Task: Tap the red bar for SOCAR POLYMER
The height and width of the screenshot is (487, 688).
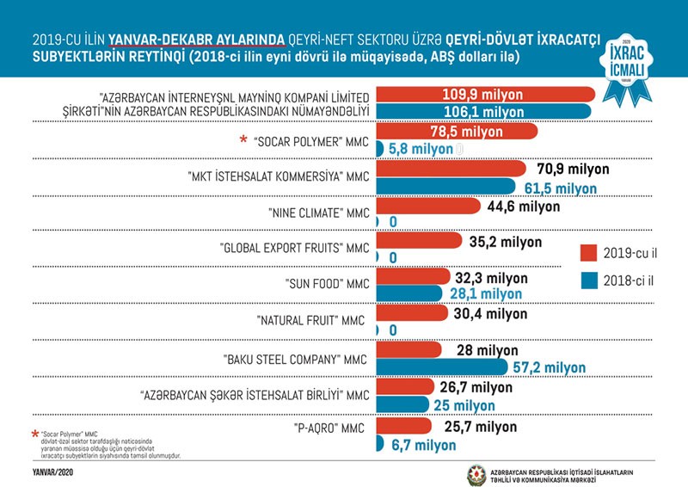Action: click(456, 132)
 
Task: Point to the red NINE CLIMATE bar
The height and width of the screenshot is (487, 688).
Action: click(425, 207)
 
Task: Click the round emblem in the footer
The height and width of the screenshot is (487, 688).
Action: click(475, 473)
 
